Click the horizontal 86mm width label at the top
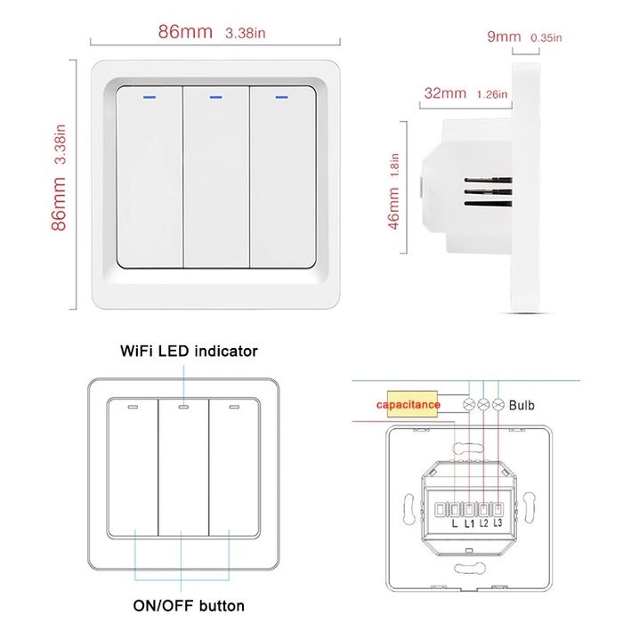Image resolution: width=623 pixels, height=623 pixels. click(185, 32)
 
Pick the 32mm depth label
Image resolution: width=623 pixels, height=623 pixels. click(445, 93)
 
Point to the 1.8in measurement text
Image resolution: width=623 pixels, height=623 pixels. click(395, 163)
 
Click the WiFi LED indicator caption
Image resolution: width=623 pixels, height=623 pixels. click(189, 351)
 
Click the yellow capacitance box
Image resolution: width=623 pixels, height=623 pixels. click(409, 405)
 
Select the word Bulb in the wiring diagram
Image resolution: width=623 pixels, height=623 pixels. click(522, 404)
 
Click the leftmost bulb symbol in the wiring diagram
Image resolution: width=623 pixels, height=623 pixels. click(469, 405)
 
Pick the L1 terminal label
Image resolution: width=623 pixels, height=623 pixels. click(469, 524)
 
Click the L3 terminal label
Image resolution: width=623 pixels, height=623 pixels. click(498, 524)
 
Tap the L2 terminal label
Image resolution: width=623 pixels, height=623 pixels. click(483, 524)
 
